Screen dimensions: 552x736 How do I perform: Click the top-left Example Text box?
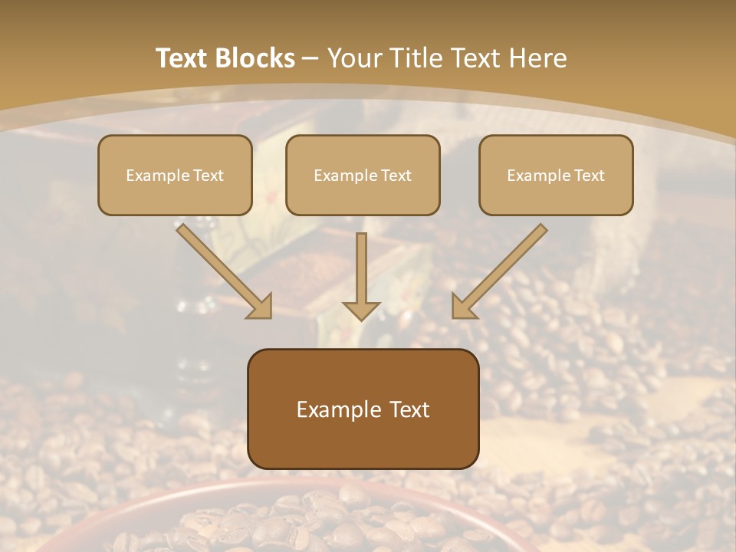(175, 175)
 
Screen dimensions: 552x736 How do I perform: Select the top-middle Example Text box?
(363, 175)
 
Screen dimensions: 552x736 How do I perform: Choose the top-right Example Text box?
(556, 175)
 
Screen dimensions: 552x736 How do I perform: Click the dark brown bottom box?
(363, 409)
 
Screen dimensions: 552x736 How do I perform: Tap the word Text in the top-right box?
(589, 176)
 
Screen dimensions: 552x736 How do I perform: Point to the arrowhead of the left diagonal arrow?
(261, 307)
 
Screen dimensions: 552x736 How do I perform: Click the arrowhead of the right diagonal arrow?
(462, 307)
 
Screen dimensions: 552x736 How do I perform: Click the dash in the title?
(310, 58)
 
